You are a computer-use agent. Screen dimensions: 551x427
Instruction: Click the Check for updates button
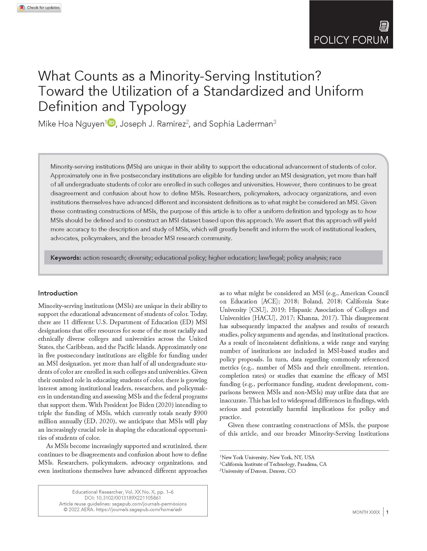coord(39,8)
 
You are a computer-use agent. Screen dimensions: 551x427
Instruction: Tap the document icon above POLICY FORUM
coord(384,26)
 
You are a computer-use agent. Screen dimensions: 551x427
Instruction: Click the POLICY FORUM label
coord(351,40)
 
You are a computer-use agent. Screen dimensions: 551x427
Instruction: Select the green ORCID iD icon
coord(111,123)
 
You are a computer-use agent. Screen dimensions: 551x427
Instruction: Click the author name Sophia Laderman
coord(241,124)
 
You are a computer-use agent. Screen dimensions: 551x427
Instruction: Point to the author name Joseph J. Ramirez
coord(152,124)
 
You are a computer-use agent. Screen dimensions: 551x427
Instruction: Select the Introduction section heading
coord(58,293)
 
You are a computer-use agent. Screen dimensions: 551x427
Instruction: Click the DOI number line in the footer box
coord(123,498)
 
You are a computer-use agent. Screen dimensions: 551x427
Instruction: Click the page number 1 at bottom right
coord(387,512)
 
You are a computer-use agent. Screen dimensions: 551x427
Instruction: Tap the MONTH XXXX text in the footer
coord(366,512)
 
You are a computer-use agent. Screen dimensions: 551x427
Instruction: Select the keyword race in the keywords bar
coord(335,258)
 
